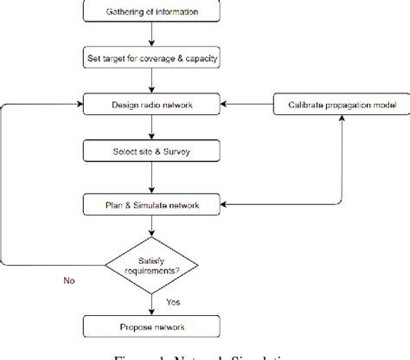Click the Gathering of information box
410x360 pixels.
[x=152, y=12]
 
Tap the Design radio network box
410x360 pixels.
[x=152, y=105]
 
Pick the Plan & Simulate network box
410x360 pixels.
[x=152, y=204]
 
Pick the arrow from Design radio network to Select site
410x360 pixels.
[x=152, y=129]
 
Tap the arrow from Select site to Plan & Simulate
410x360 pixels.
[x=152, y=179]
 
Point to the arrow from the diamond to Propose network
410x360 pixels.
[x=152, y=303]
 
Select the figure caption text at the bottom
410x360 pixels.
[x=204, y=354]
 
